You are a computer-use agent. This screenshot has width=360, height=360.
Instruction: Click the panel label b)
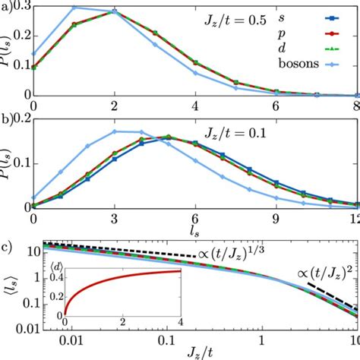pos(8,118)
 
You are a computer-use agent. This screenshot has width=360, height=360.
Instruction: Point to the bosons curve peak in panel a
pos(74,8)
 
